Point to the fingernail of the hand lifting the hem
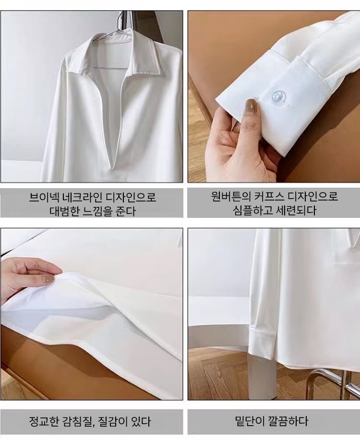click(50, 279)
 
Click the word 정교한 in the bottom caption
click(44, 422)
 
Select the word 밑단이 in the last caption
click(250, 421)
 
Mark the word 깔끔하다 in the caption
click(288, 421)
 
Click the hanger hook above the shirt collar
click(123, 20)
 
